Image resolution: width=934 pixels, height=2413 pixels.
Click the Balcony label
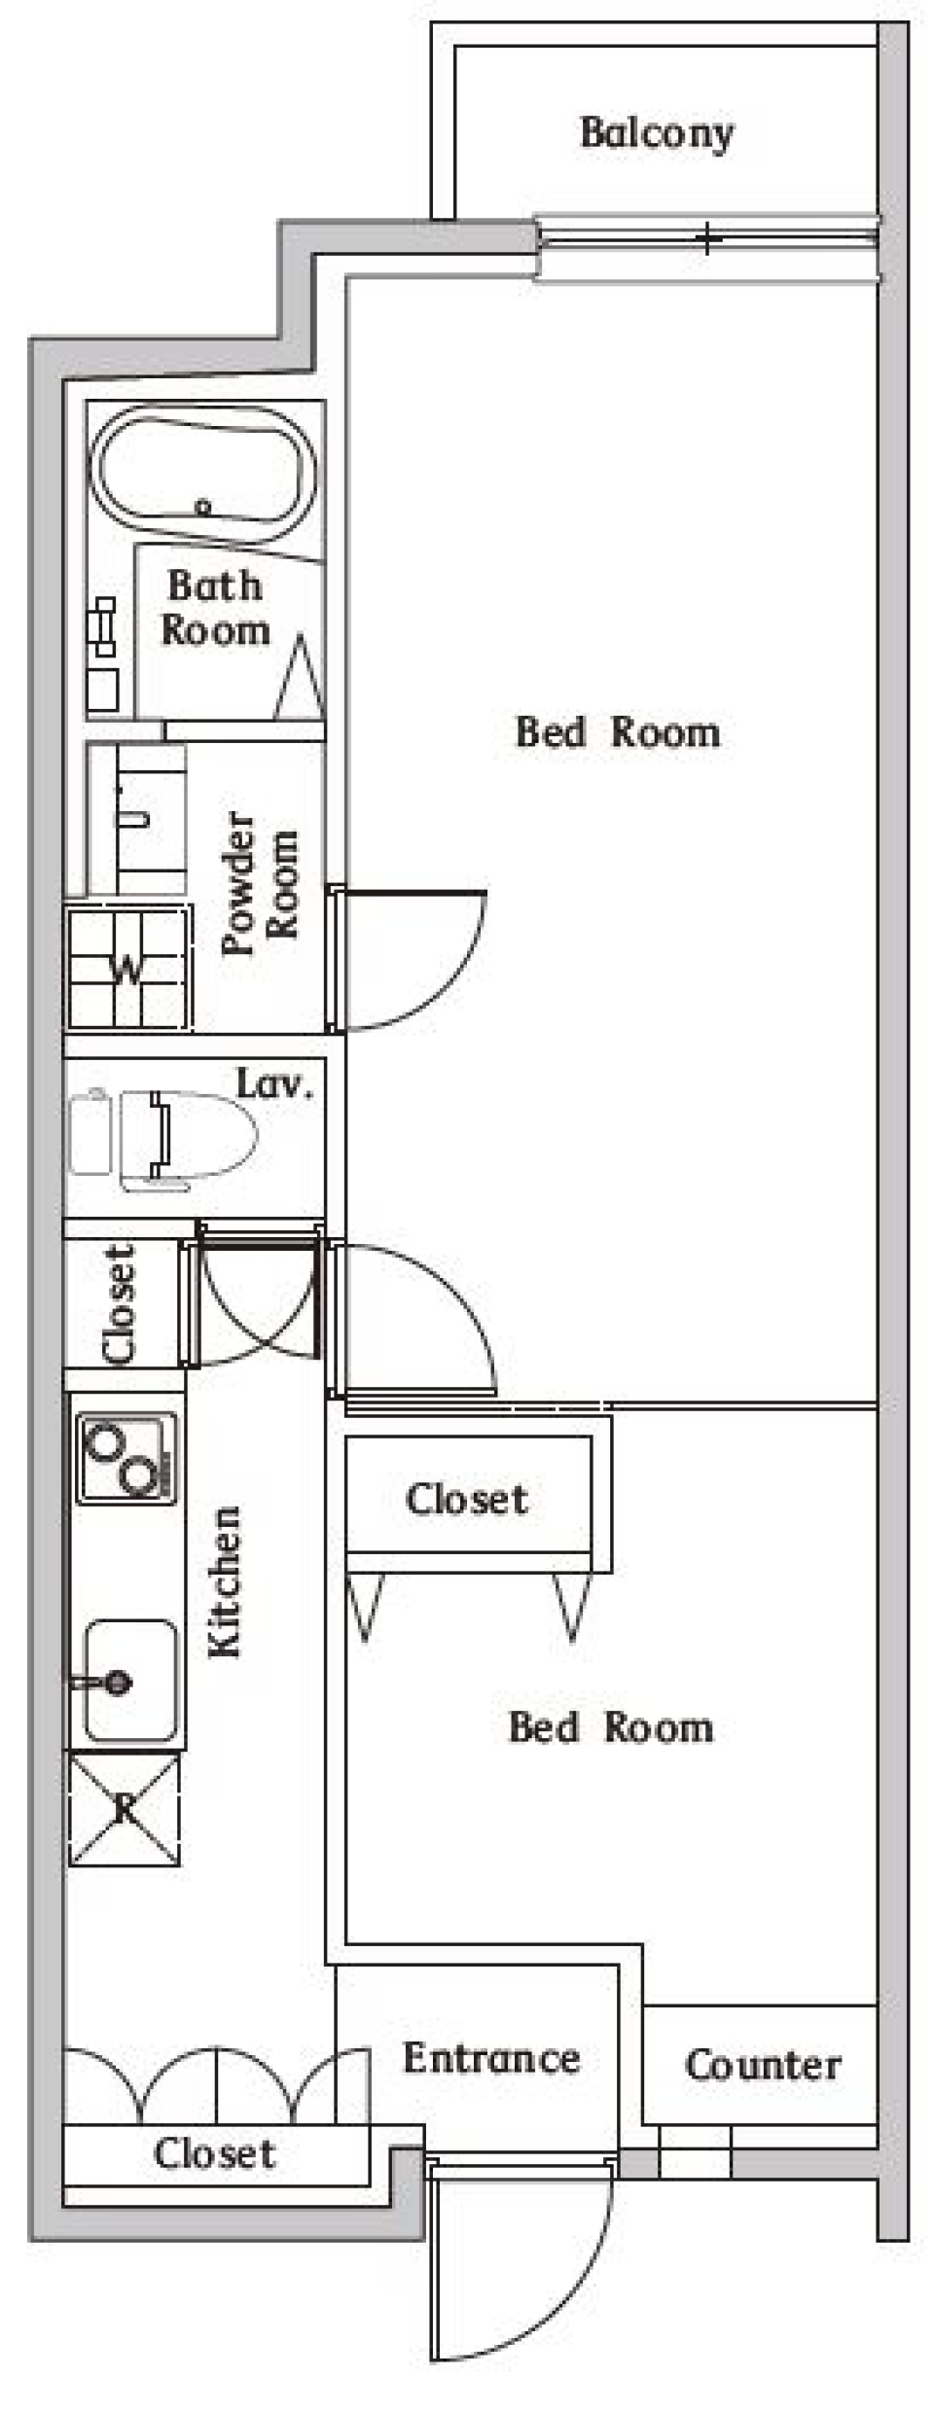click(657, 134)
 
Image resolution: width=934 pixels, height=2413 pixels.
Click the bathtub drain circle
click(203, 507)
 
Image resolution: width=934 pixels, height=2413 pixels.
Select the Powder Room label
click(260, 883)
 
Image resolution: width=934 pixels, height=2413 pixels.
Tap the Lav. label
click(275, 1083)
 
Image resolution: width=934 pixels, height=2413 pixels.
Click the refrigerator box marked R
click(125, 1809)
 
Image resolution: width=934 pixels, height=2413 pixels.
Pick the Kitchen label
click(225, 1582)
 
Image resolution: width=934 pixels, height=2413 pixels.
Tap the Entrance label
click(491, 2058)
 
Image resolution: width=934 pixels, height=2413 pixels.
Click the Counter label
click(763, 2064)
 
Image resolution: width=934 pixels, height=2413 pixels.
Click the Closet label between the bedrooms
click(467, 1499)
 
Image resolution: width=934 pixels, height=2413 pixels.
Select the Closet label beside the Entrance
click(214, 2153)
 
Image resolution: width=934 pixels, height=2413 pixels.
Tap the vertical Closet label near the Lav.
click(119, 1303)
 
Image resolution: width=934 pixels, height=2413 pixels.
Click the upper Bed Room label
click(618, 732)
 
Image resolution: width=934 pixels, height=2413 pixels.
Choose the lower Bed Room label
click(611, 1727)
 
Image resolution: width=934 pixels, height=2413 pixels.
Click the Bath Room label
click(215, 608)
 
